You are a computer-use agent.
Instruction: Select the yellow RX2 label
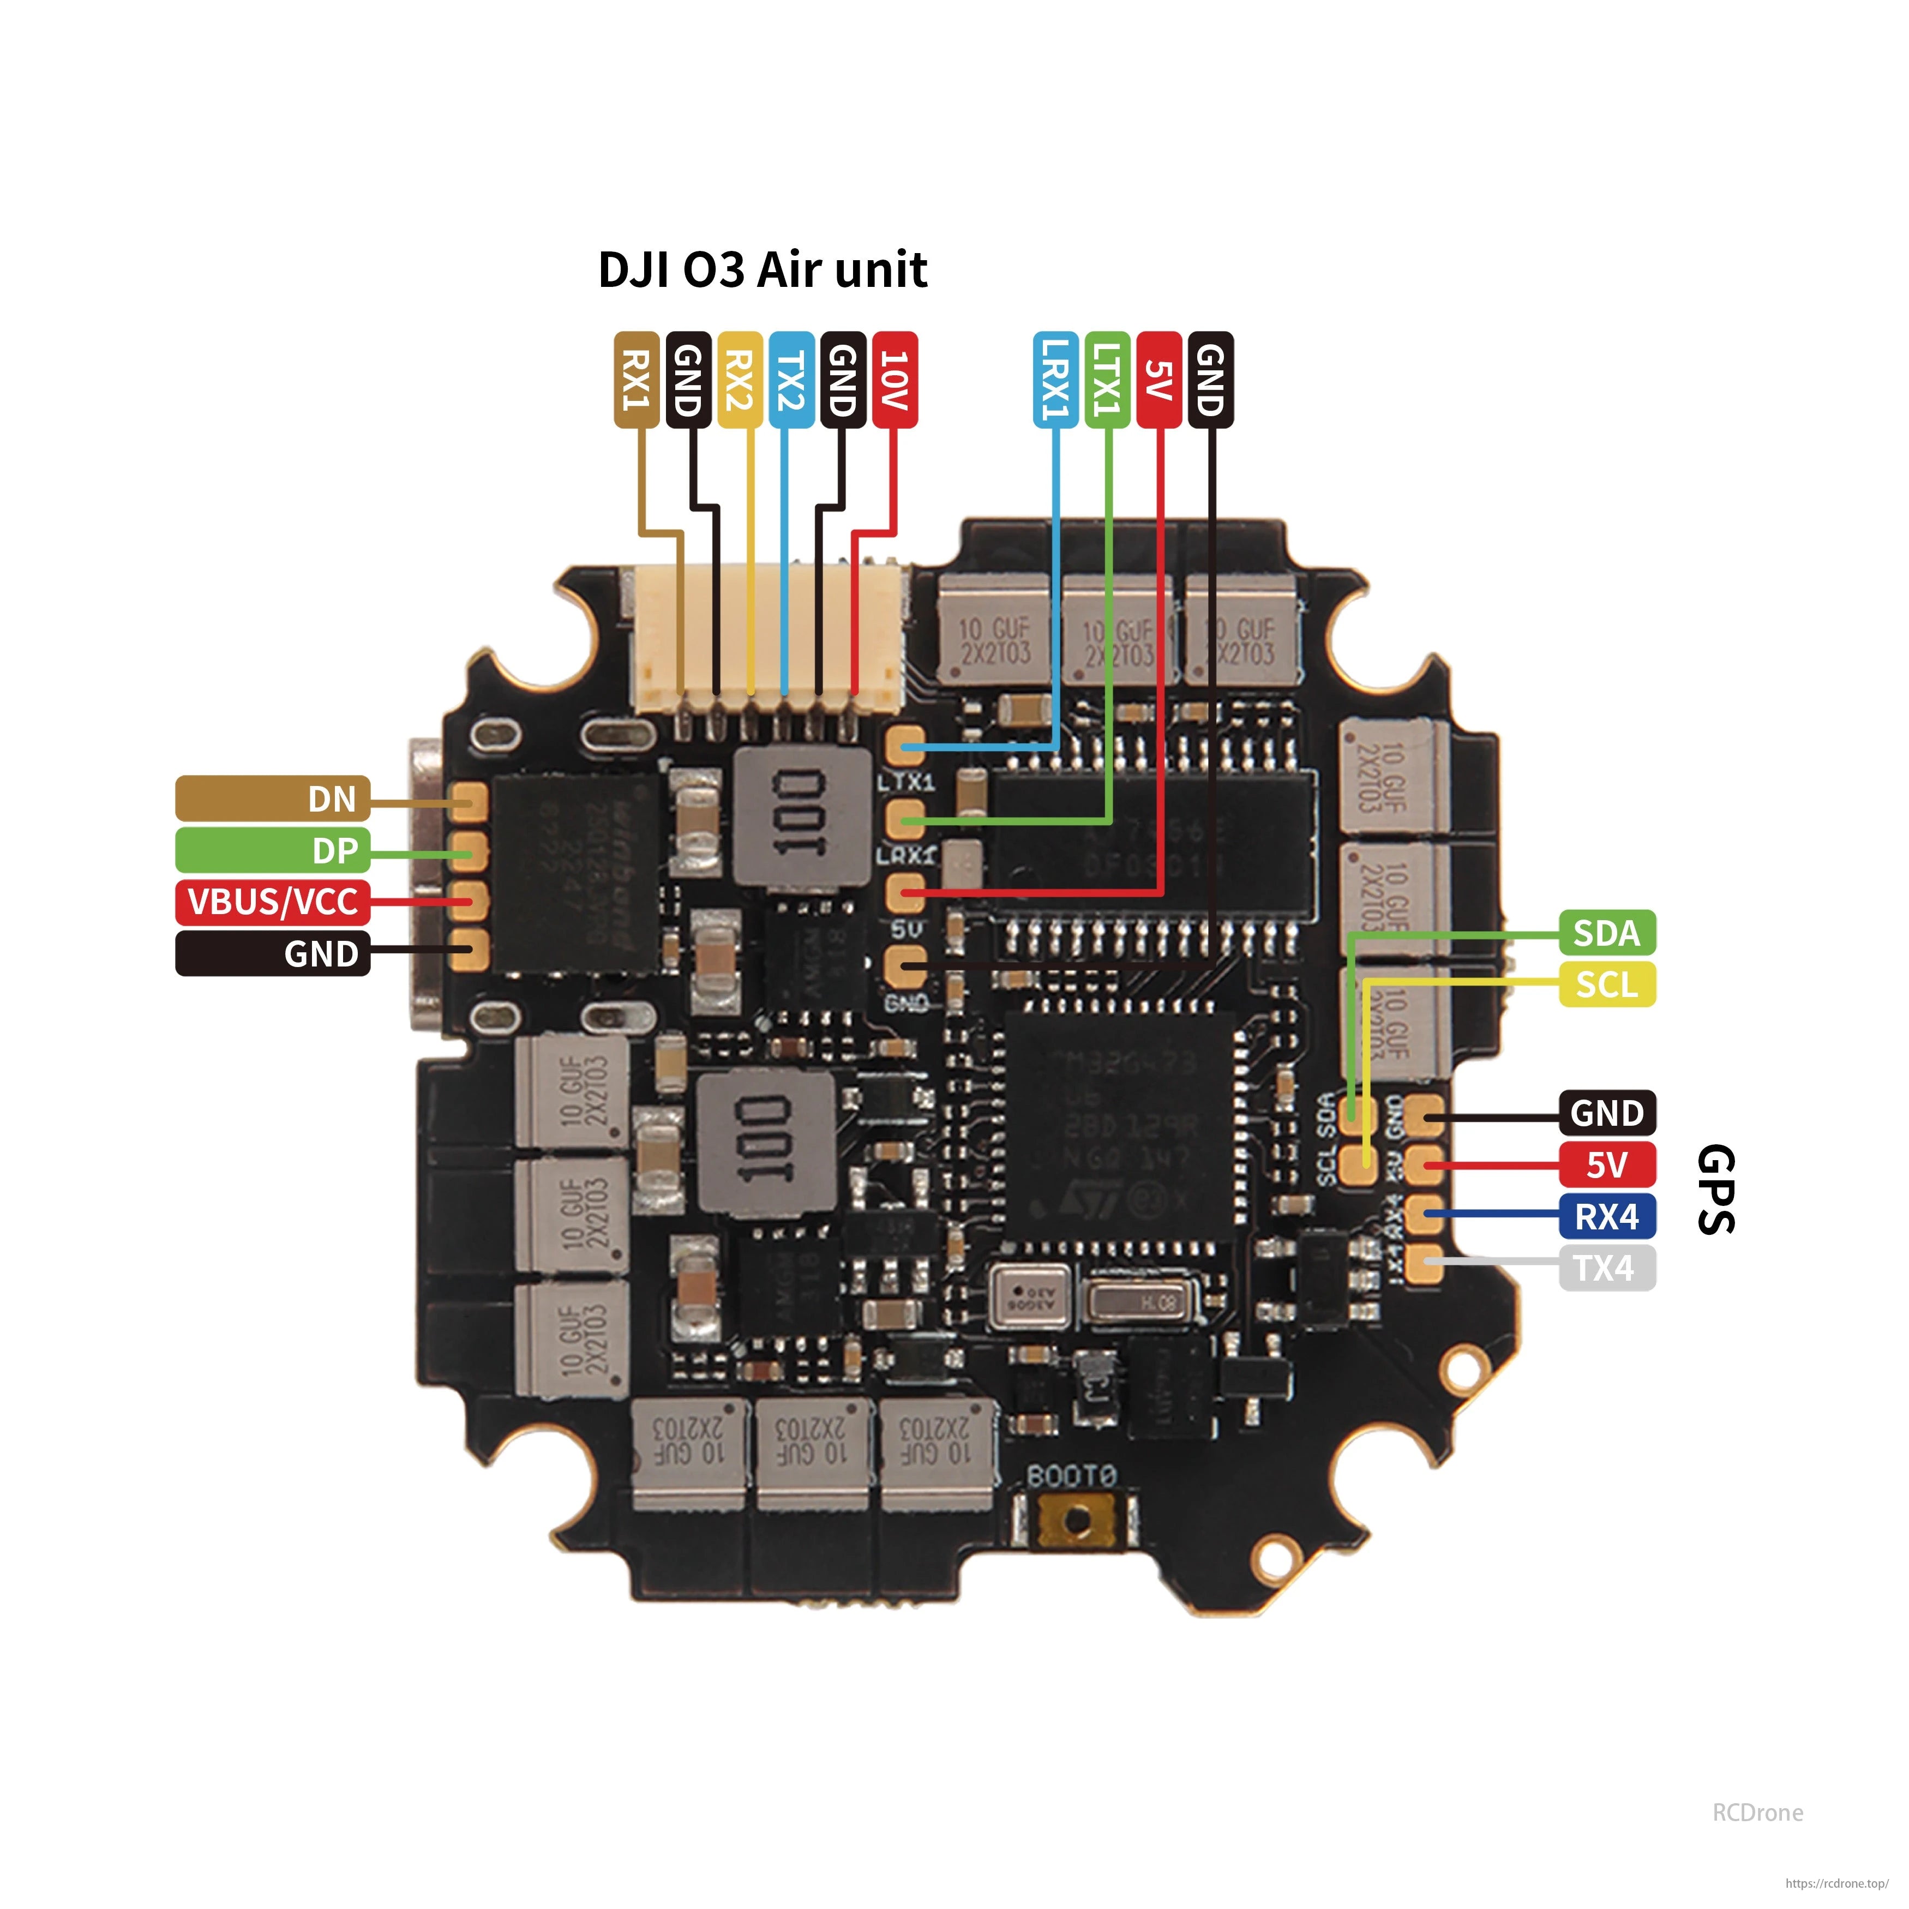click(x=739, y=380)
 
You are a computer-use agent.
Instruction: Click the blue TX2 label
click(x=790, y=380)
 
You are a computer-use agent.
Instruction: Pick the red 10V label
click(x=894, y=380)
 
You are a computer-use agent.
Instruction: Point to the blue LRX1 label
click(x=1055, y=380)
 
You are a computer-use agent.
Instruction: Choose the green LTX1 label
click(x=1107, y=380)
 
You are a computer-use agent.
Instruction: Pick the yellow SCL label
click(x=1607, y=984)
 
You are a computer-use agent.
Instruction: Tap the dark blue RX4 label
click(x=1607, y=1216)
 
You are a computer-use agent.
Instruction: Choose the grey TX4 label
click(x=1607, y=1268)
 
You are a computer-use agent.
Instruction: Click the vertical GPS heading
click(x=1716, y=1190)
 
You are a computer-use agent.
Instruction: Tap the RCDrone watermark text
click(x=1757, y=1812)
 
